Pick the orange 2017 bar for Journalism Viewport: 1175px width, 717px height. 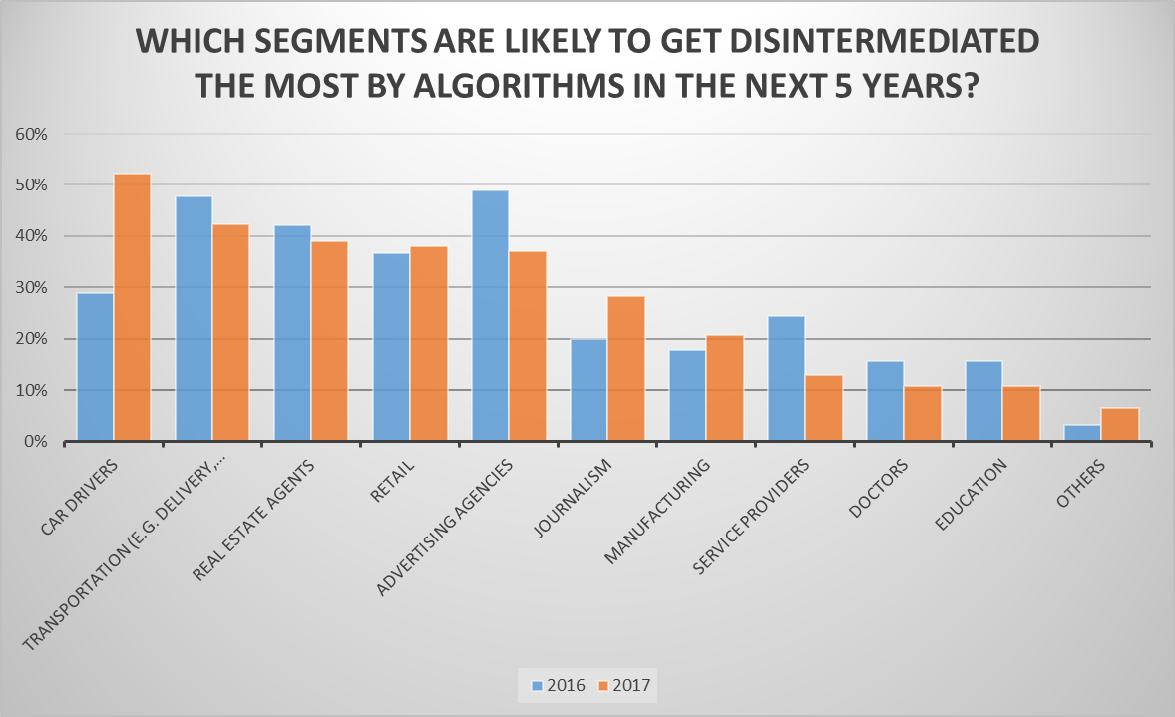point(626,369)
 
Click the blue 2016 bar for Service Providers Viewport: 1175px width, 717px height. point(786,379)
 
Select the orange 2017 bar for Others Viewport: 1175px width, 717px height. point(1120,425)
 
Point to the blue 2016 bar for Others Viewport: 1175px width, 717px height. point(1082,433)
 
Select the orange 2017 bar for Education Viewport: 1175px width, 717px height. point(1021,414)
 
